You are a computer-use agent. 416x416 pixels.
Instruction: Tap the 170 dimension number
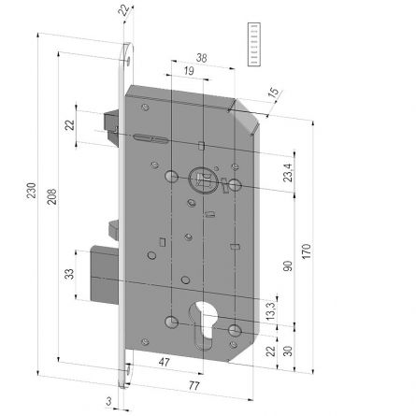tap(306, 251)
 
